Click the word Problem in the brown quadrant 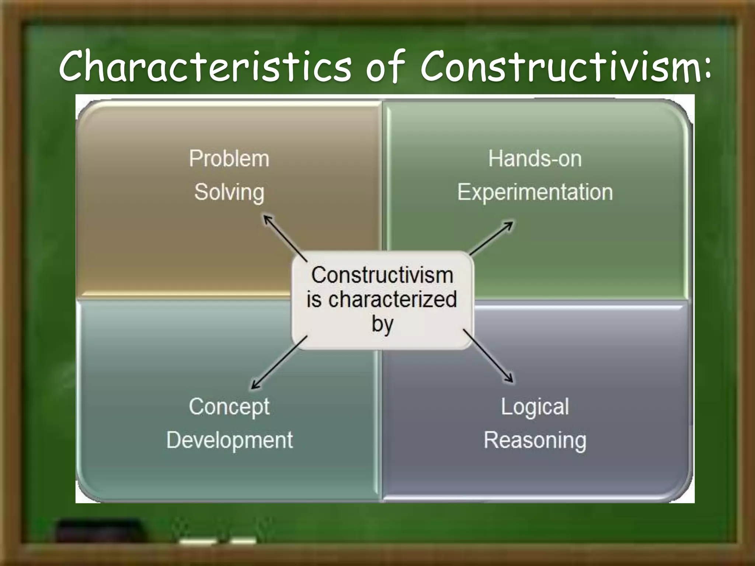point(229,159)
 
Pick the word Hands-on point(535,159)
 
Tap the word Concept point(229,407)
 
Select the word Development point(229,440)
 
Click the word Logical point(535,407)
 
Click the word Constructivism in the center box point(382,275)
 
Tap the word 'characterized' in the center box point(393,299)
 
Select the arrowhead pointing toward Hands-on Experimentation point(509,224)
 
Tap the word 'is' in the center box point(314,299)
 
